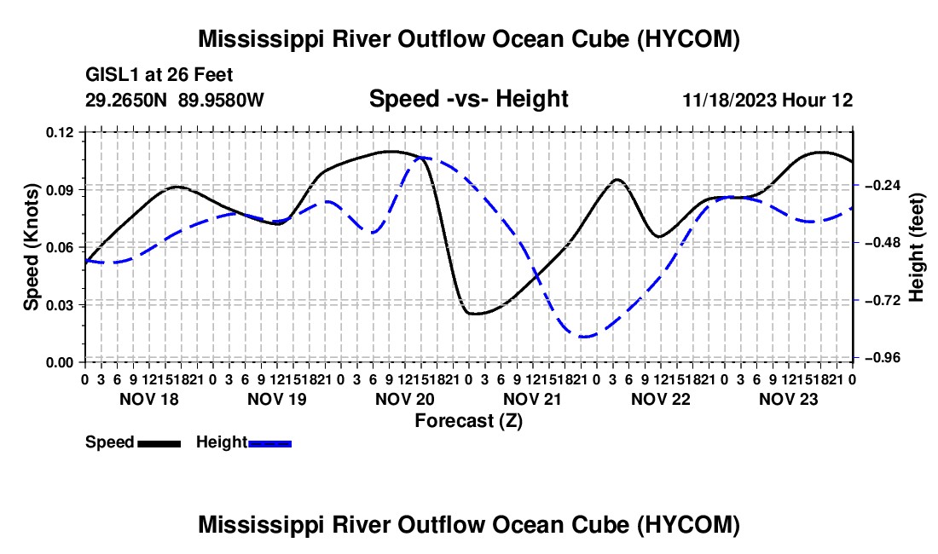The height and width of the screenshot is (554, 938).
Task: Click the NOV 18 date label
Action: coord(149,399)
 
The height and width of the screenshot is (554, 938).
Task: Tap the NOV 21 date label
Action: coord(532,399)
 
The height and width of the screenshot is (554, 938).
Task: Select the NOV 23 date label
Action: coord(789,399)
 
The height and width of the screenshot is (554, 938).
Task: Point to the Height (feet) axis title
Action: coord(916,247)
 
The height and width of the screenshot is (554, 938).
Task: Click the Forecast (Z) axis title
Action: coord(468,421)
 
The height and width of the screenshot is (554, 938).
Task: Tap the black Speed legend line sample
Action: coord(159,444)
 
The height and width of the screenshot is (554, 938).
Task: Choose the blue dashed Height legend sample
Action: coord(269,444)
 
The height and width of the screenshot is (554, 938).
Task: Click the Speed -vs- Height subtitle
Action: coord(468,99)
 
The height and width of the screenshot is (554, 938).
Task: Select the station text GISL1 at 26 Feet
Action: coord(159,75)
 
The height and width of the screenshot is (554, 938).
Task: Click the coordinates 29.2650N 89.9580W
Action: coord(174,100)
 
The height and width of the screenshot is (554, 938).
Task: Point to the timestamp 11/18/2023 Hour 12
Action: coord(767,100)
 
